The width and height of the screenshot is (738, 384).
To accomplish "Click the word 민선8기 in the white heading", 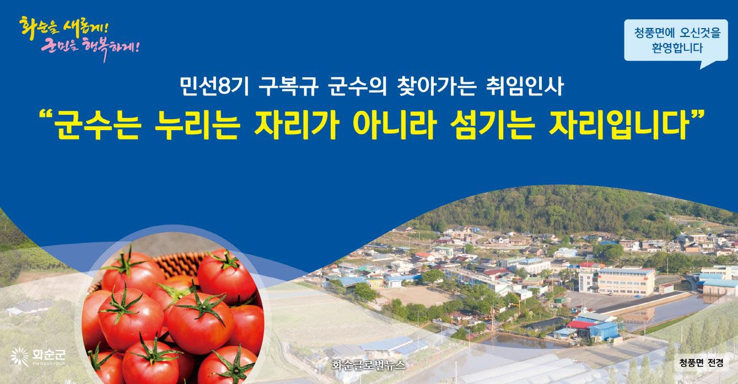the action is pyautogui.click(x=214, y=87).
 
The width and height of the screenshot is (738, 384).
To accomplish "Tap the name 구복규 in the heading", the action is pyautogui.click(x=289, y=87).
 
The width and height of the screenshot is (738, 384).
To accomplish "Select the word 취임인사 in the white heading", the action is pyautogui.click(x=525, y=87).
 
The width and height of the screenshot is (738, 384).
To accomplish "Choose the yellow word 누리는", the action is pyautogui.click(x=197, y=125).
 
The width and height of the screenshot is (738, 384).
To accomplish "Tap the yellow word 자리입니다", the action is pyautogui.click(x=619, y=125).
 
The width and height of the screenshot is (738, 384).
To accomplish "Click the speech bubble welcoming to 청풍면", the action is pyautogui.click(x=676, y=41).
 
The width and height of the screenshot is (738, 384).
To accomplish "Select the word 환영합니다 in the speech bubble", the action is pyautogui.click(x=677, y=48).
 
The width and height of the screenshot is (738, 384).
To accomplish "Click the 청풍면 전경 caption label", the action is pyautogui.click(x=701, y=363).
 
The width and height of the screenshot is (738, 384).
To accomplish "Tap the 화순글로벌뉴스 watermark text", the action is pyautogui.click(x=368, y=365).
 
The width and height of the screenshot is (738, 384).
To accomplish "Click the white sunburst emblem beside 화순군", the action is pyautogui.click(x=20, y=356).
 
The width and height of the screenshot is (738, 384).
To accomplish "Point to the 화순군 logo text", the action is pyautogui.click(x=49, y=356).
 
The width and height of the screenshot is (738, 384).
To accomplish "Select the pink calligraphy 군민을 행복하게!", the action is pyautogui.click(x=90, y=48).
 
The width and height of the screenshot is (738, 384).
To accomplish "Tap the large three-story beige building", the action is pyautogui.click(x=626, y=281).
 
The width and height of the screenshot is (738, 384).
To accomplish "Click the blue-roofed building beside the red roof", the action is pyautogui.click(x=603, y=330).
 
